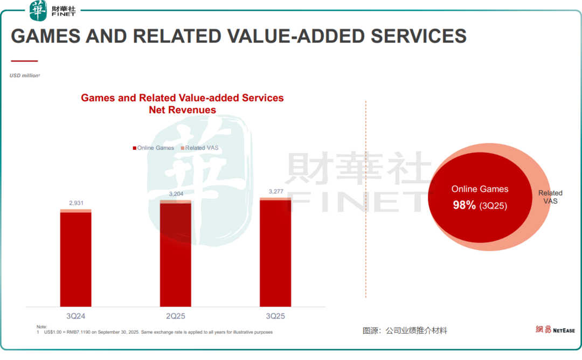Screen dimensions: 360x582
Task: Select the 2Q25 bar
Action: coord(176,253)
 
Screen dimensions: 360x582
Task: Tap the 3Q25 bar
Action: coord(275,252)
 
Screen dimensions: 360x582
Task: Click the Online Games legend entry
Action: coord(154,148)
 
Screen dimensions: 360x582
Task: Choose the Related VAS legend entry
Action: coord(200,148)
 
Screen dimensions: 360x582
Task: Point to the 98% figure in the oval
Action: coord(464,205)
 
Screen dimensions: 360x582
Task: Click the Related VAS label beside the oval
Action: coord(550,197)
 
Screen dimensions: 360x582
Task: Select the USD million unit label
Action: coord(25,75)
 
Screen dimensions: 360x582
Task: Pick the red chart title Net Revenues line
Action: coord(182,110)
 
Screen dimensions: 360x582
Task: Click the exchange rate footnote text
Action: coord(156,332)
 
